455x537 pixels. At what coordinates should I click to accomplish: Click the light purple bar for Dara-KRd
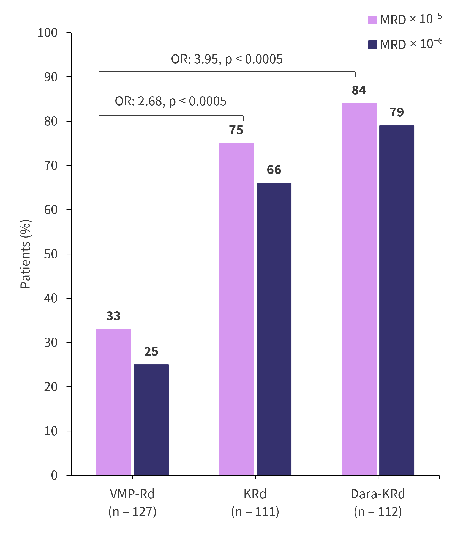[359, 289]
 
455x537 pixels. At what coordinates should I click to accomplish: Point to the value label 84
[359, 90]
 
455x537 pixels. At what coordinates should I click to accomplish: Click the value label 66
[274, 170]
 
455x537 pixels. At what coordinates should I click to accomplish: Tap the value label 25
[151, 351]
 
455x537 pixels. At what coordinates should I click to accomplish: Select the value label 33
[113, 316]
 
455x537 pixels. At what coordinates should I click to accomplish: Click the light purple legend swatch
[372, 20]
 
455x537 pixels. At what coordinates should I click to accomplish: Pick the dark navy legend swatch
[372, 45]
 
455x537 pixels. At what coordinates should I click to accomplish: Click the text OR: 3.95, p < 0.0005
[227, 59]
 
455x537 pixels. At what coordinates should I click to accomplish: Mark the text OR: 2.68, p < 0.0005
[171, 101]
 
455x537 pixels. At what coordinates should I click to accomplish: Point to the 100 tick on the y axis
[47, 33]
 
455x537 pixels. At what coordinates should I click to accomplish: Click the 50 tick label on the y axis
[51, 254]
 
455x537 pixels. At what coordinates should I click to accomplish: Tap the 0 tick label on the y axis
[54, 475]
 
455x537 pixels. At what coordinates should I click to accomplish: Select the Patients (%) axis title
[26, 254]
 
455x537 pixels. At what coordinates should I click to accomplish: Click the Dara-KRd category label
[378, 494]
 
